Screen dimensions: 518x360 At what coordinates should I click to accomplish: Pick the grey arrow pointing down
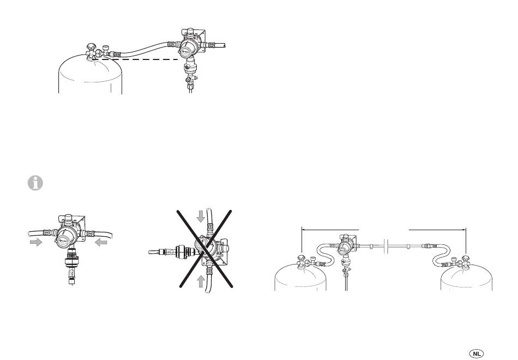(201, 216)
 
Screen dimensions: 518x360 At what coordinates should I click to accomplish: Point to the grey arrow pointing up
(201, 280)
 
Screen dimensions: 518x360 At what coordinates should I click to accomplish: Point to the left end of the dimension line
(302, 231)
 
